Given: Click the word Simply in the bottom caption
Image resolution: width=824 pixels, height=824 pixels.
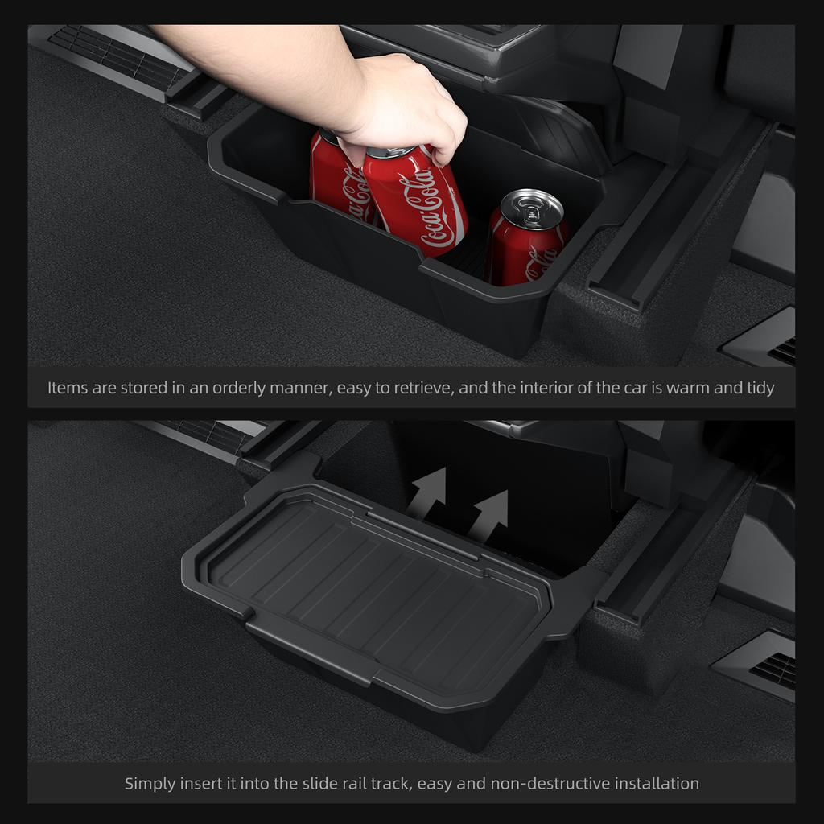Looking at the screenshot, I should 150,783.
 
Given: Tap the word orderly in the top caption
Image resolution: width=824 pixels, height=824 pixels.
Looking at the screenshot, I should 241,388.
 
